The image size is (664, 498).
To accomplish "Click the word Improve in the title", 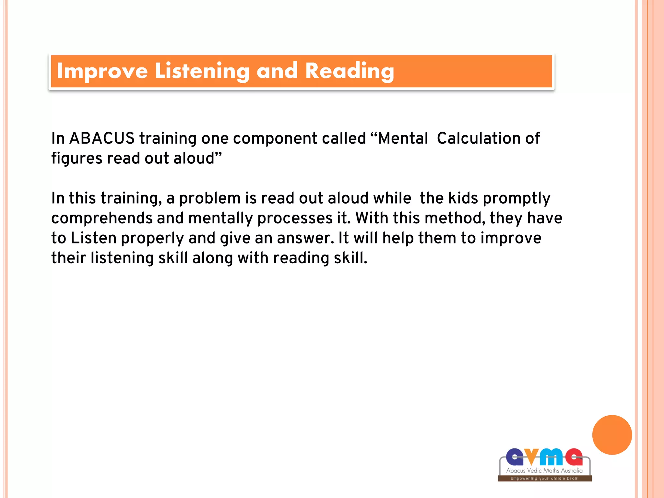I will coord(102,71).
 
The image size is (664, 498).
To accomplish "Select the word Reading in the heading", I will coord(350,71).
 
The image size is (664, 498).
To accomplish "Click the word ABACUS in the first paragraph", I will coord(102,138).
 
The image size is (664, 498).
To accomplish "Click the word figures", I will coord(77,159).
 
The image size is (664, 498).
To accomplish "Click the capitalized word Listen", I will coord(93,238).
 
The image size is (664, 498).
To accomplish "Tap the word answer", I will coord(305,238).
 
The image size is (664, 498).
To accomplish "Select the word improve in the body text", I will coord(511,238).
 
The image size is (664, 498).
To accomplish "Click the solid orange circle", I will coord(612,435).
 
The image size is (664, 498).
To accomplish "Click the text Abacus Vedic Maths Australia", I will coord(544,470).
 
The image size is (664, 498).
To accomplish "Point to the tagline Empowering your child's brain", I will coord(544,478).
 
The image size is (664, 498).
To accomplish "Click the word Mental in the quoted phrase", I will coord(403,138).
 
